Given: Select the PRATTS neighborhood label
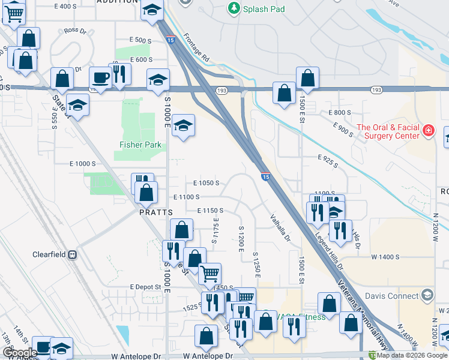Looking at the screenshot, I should pos(156,212).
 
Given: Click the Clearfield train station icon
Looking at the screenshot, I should pos(73,254).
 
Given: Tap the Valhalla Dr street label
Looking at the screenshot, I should pos(280,229).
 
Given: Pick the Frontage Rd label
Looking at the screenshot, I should pos(196,48).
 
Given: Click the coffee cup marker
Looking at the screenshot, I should pos(100,78).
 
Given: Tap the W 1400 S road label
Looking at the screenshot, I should pos(385,257).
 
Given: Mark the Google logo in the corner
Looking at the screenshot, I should pos(20,353).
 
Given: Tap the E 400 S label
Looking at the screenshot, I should pos(65,7).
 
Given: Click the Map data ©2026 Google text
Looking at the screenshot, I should pos(412,356).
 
